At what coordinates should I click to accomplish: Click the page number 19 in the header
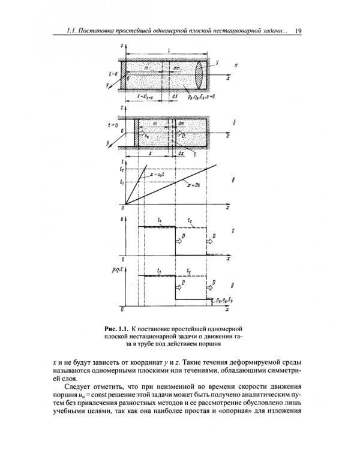[298, 31]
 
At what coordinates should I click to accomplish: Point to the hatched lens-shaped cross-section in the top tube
[200, 76]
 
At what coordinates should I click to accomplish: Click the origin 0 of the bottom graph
[122, 311]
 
